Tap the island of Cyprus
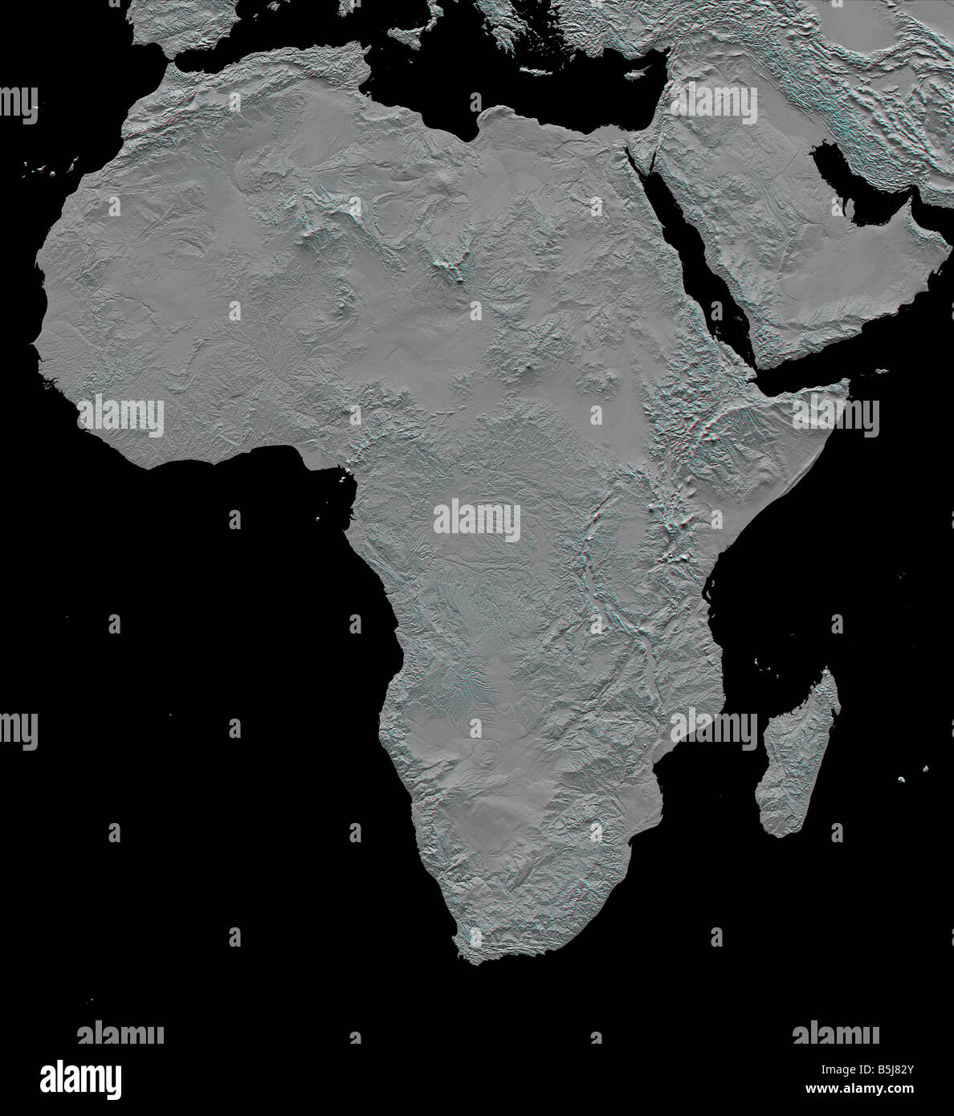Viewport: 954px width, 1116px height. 637,73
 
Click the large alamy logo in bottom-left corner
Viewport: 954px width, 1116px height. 80,1079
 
